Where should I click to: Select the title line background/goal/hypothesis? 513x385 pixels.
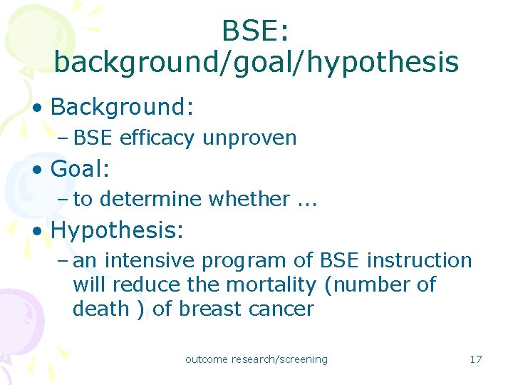tap(256, 63)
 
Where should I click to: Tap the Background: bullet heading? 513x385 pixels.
tap(123, 107)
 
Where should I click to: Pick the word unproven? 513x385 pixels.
tap(249, 138)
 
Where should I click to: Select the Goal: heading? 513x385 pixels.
tap(80, 170)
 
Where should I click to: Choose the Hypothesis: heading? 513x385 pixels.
tap(118, 230)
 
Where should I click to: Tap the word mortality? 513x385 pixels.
tap(271, 285)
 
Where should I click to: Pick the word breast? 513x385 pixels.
tap(210, 309)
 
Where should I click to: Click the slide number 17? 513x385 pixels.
tap(476, 359)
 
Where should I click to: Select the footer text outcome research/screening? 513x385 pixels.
tap(256, 359)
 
